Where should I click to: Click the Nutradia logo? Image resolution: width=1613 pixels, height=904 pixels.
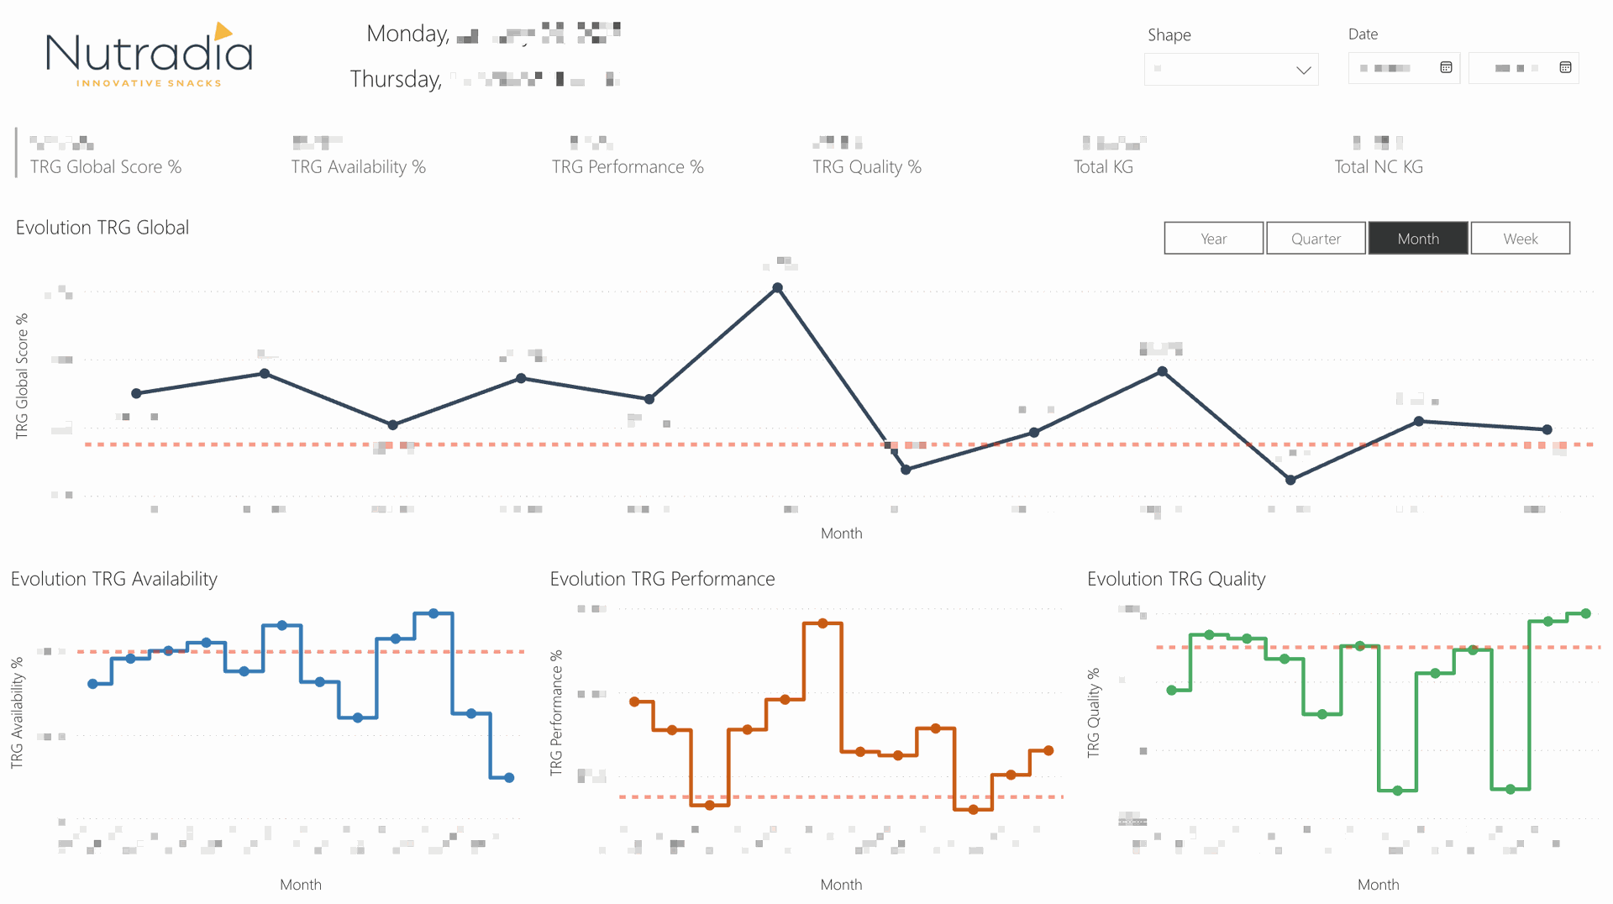[149, 55]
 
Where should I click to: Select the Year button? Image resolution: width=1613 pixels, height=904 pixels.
[1213, 239]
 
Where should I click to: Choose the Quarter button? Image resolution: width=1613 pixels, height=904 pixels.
[1316, 239]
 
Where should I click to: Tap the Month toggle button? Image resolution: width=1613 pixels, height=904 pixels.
[1418, 239]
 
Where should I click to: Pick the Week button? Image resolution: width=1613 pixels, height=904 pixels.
[1520, 239]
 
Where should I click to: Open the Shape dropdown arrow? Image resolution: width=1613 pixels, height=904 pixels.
[1303, 70]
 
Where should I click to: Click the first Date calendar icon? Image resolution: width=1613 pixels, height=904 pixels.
[1446, 67]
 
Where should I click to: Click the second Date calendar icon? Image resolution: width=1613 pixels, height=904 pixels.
[1565, 67]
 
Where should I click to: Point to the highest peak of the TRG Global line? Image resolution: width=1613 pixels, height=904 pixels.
[778, 288]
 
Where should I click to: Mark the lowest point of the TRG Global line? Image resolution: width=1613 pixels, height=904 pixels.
[1290, 480]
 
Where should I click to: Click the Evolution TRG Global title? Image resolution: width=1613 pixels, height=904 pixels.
[102, 228]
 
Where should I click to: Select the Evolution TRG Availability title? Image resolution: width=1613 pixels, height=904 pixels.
[114, 579]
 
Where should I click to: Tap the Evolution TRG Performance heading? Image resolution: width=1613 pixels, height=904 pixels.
[662, 579]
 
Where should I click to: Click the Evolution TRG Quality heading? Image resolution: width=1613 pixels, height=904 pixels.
[1176, 579]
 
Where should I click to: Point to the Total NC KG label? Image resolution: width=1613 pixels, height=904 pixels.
[1379, 167]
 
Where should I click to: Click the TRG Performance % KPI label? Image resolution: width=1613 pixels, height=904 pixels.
[628, 167]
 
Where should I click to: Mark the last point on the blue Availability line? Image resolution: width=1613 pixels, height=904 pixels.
[509, 778]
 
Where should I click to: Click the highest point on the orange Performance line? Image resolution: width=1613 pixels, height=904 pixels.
[822, 623]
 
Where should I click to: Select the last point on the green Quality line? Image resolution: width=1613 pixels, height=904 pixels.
[1585, 614]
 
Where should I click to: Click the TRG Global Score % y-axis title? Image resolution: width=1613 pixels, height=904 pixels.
[22, 376]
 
